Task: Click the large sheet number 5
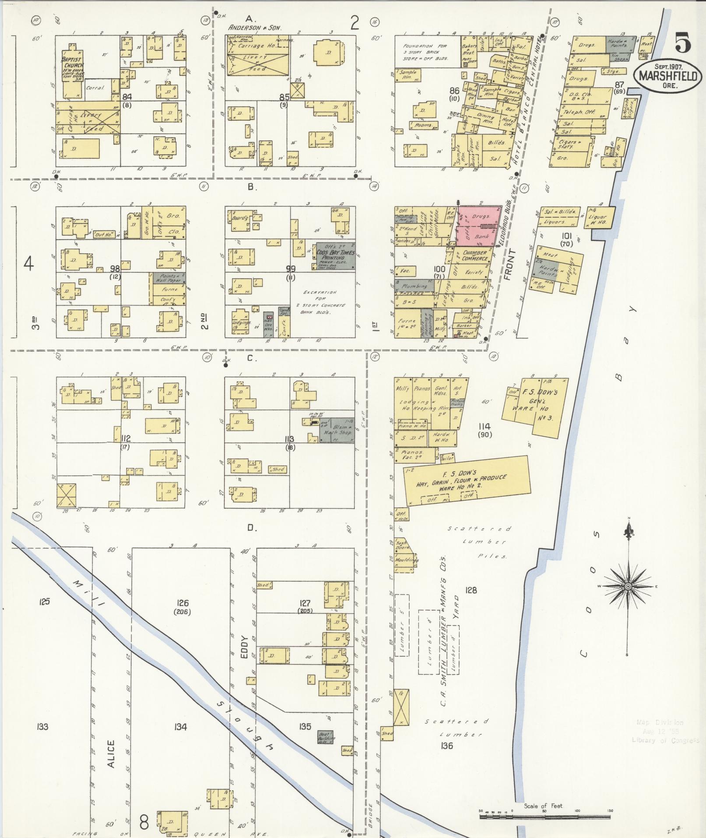click(x=683, y=43)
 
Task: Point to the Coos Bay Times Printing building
click(x=335, y=256)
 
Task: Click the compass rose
click(x=628, y=586)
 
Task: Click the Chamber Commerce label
click(x=475, y=256)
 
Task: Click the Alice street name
click(x=111, y=753)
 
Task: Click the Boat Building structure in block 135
click(x=326, y=737)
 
